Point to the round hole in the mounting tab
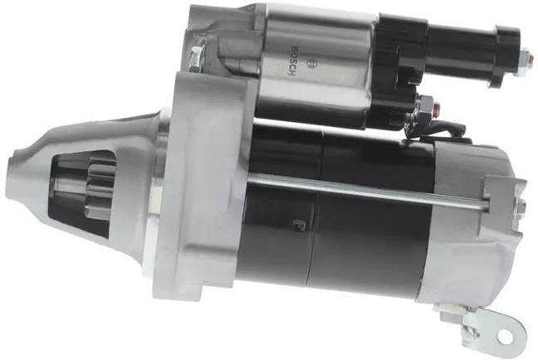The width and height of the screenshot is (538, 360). click(x=512, y=336)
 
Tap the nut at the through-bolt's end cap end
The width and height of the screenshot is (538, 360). click(x=521, y=206)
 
